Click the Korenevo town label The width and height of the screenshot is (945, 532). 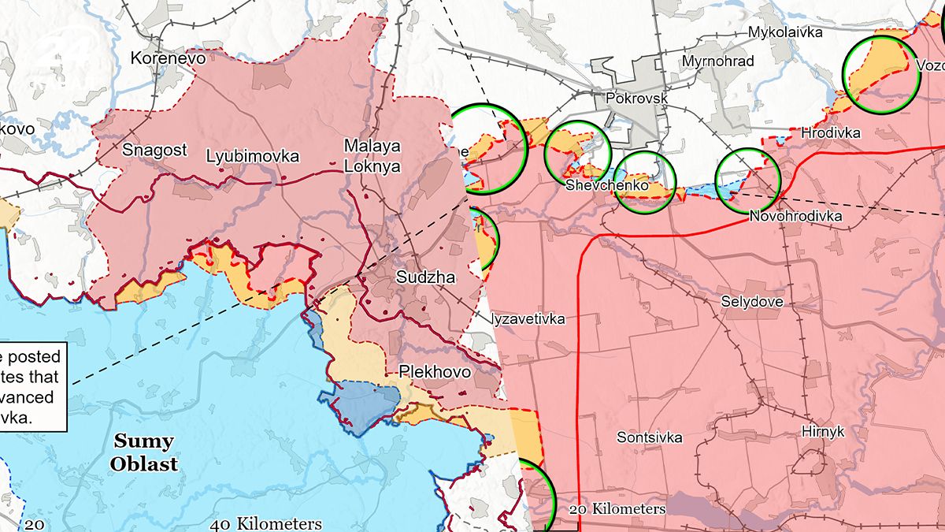coord(168,58)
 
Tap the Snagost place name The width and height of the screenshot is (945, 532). coord(154,150)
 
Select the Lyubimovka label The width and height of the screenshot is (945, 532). coord(252,156)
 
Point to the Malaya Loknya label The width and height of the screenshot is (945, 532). coord(372,156)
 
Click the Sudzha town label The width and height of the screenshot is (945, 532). coord(425,277)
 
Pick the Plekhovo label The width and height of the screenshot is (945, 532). coord(435,371)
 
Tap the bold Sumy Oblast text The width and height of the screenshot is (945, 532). coord(143,452)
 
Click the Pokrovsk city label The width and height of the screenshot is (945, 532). coord(637,99)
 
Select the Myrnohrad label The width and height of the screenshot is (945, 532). coord(718,61)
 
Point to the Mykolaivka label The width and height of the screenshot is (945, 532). coord(785,32)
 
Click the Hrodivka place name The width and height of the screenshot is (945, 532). coord(830,132)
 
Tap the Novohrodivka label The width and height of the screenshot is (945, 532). coord(795,216)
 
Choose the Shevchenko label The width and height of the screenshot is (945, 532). coord(606,185)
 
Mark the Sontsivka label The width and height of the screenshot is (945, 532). coord(649,437)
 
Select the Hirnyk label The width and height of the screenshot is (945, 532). coord(822,431)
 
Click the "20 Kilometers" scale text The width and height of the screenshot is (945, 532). coord(616,509)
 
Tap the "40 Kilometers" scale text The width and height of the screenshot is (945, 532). coord(266,523)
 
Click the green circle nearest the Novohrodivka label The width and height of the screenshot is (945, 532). coord(747,179)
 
